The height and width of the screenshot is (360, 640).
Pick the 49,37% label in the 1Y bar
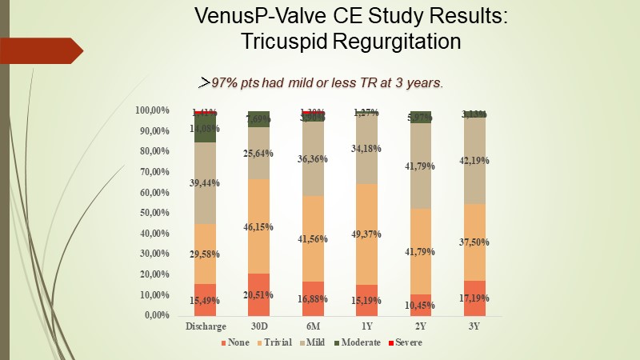click(366, 234)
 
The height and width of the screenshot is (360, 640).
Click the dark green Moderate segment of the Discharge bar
click(205, 130)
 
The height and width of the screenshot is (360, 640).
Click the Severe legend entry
click(405, 342)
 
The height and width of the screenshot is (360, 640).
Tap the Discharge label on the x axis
click(205, 326)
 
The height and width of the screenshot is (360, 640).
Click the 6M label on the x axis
click(312, 326)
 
